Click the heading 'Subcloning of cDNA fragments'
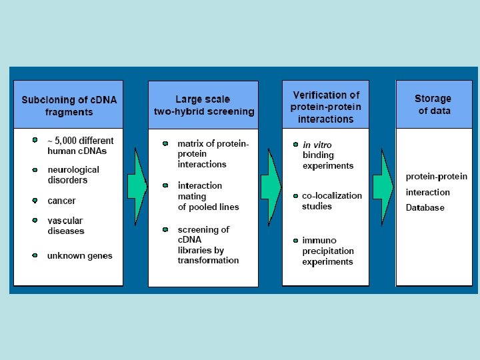click(69, 105)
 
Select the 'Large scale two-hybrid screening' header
click(203, 105)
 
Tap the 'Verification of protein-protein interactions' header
click(326, 107)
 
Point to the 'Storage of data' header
click(433, 105)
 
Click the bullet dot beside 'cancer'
click(35, 200)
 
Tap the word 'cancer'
click(61, 201)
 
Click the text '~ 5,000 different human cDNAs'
click(80, 145)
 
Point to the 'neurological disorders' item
click(73, 175)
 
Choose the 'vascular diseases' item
click(65, 225)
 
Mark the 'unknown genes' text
click(79, 255)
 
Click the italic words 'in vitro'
click(317, 145)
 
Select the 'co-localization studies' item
click(331, 201)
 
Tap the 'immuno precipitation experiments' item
click(327, 251)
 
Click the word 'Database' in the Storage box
click(425, 207)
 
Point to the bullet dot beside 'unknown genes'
click(35, 255)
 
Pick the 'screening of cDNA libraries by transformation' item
click(207, 245)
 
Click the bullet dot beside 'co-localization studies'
click(295, 196)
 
